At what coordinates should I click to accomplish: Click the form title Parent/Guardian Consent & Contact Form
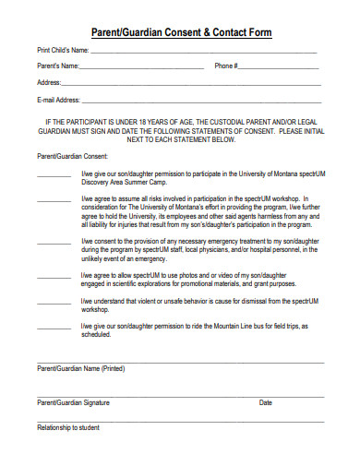[179, 31]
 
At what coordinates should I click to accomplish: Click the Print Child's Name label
[63, 50]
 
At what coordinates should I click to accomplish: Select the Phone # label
[226, 66]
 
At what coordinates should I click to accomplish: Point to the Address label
[50, 82]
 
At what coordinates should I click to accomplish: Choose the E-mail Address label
[58, 100]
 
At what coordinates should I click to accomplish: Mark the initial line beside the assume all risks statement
[54, 198]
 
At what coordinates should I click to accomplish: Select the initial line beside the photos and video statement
[54, 276]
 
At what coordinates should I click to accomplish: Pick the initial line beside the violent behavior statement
[54, 302]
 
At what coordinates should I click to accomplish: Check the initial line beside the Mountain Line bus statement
[54, 328]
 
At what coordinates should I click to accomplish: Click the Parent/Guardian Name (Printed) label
[80, 369]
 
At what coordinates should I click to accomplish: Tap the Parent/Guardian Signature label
[73, 403]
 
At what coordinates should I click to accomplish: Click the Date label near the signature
[266, 403]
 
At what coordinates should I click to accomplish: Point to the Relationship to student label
[67, 428]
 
